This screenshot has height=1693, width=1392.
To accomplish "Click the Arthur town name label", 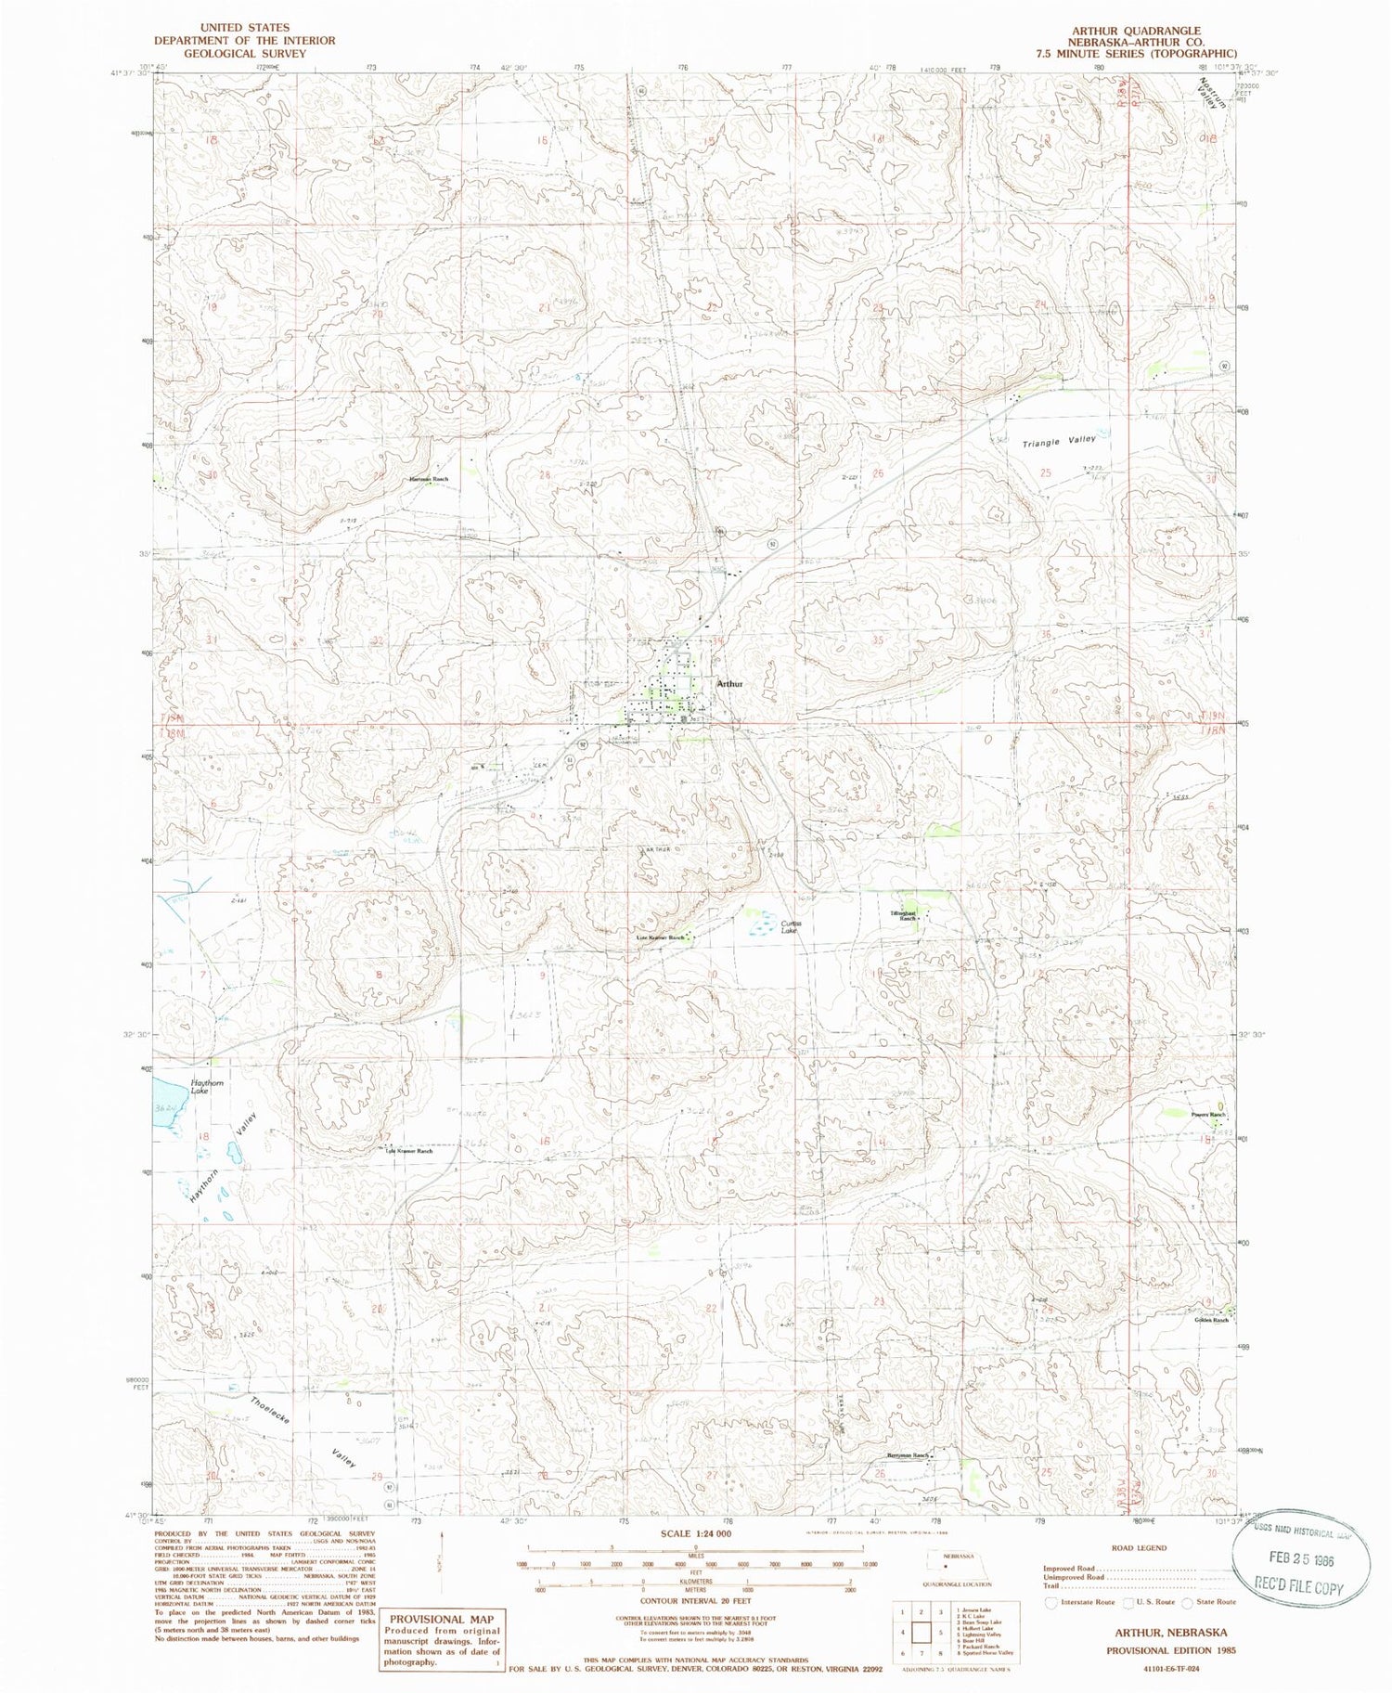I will pyautogui.click(x=730, y=683).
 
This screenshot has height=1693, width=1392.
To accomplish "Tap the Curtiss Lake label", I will pyautogui.click(x=790, y=926).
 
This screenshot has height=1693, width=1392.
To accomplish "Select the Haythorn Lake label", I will pyautogui.click(x=206, y=1087).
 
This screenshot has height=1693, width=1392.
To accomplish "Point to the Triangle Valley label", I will pyautogui.click(x=1059, y=442).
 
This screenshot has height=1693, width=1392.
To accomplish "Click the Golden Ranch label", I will pyautogui.click(x=1210, y=1320).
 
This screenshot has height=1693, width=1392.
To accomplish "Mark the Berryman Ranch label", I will pyautogui.click(x=908, y=1455).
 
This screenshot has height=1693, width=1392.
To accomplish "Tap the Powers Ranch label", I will pyautogui.click(x=1208, y=1115).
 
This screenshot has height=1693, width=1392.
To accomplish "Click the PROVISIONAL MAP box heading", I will pyautogui.click(x=443, y=1619).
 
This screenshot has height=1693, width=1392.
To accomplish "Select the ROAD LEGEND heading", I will pyautogui.click(x=1138, y=1547).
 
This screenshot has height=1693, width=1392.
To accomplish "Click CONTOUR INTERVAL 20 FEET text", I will pyautogui.click(x=695, y=1600).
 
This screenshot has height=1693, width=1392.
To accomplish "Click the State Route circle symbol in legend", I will pyautogui.click(x=1187, y=1602).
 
